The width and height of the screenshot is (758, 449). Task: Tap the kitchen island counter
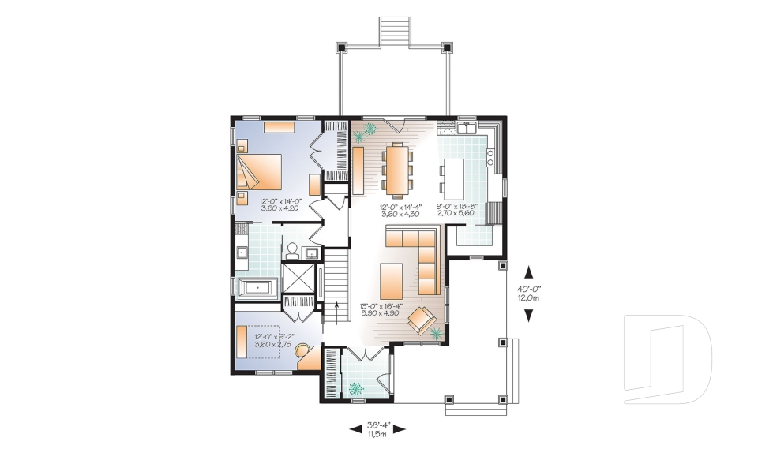click(452, 179)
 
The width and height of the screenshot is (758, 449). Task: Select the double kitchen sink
click(465, 126)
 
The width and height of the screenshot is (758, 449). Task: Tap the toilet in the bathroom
click(291, 251)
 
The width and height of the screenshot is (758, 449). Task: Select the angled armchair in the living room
click(422, 320)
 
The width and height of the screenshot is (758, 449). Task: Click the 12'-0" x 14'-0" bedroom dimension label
click(279, 205)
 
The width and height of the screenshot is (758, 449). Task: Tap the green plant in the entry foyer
click(355, 387)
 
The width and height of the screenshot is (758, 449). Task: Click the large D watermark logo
click(668, 353)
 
